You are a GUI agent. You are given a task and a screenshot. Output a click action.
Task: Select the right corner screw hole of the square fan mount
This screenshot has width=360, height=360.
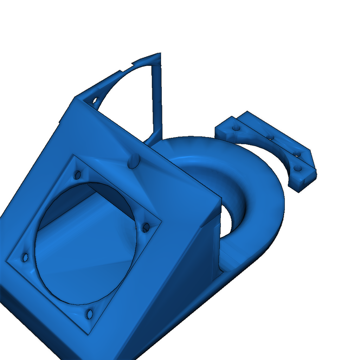click(x=146, y=227)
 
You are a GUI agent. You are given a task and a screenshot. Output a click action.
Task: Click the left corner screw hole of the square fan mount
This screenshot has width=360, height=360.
click(x=25, y=258)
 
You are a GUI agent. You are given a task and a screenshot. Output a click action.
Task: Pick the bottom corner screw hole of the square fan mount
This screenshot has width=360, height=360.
click(x=90, y=314)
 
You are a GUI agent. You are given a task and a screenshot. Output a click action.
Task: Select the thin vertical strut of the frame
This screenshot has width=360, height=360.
click(x=157, y=98)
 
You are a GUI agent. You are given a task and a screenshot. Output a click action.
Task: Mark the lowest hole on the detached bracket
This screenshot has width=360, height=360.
click(x=298, y=168)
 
